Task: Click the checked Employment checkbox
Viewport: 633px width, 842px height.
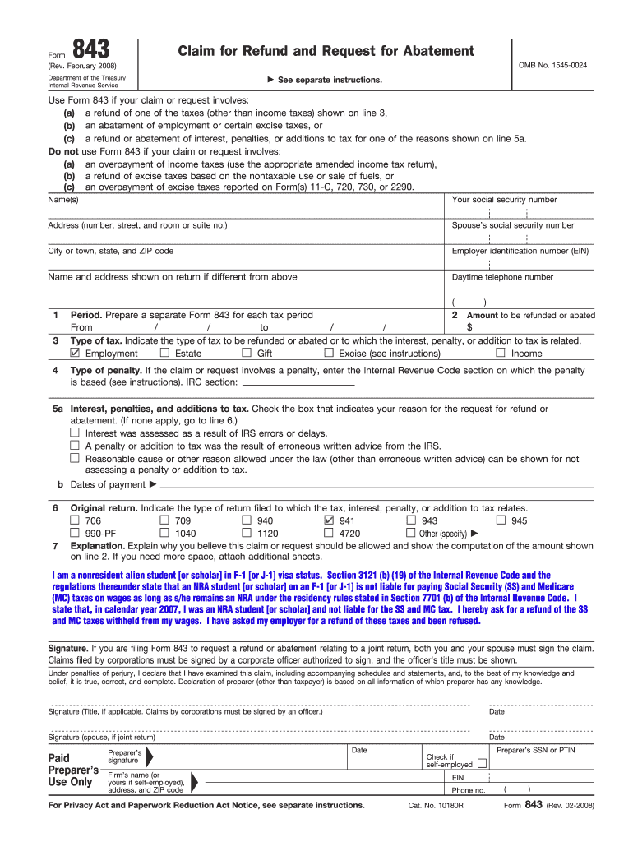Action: pos(76,353)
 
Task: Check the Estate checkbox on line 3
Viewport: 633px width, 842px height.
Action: pos(164,353)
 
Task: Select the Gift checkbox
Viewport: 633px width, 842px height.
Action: pos(246,353)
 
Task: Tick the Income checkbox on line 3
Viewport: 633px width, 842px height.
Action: pos(500,353)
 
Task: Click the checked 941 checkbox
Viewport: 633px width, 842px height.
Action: pos(329,520)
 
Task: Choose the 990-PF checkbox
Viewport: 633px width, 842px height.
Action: pos(75,532)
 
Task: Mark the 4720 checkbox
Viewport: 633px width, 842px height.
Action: pos(329,532)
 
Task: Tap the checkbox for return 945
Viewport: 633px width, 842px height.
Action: pos(500,520)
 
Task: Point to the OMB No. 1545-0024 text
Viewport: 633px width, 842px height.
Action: pos(552,64)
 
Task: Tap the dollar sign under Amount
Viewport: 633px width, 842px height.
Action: pos(469,327)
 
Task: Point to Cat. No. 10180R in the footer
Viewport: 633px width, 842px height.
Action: pos(436,805)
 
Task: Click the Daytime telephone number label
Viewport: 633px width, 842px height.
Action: pos(502,277)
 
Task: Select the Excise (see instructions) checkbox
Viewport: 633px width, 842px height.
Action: pos(329,353)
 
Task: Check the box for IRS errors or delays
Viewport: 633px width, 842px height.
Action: pos(75,433)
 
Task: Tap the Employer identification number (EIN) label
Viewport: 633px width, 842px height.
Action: pos(520,251)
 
